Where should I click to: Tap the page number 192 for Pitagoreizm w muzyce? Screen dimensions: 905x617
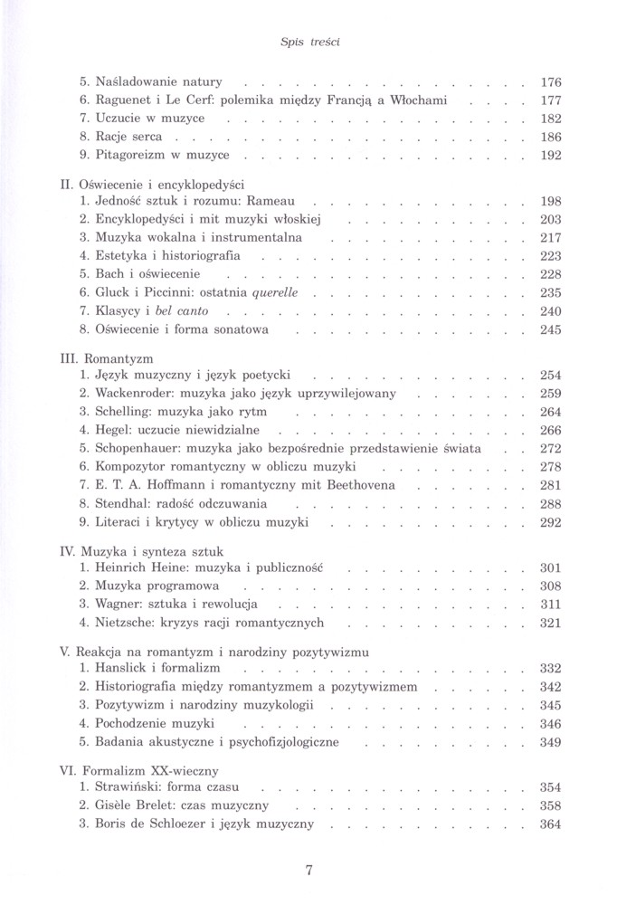[550, 156]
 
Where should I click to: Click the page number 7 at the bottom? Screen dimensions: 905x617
[309, 872]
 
